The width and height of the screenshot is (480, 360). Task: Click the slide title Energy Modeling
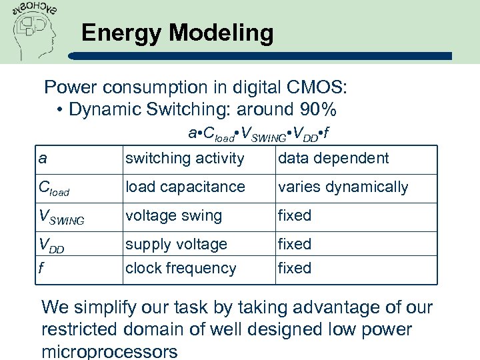(x=177, y=33)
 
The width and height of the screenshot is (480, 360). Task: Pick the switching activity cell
(x=185, y=159)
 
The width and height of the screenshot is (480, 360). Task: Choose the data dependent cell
(x=333, y=159)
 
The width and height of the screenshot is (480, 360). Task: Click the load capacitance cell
(x=185, y=187)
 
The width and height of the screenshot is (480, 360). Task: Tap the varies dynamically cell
(x=343, y=187)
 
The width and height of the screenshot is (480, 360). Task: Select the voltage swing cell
(x=173, y=216)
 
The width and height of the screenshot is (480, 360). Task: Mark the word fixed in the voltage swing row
(x=294, y=216)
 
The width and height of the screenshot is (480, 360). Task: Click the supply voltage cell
(x=176, y=245)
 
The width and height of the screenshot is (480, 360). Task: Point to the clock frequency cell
(x=181, y=268)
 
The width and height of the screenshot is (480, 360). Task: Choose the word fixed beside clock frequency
(x=294, y=268)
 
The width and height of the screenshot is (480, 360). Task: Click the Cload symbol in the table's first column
(x=53, y=189)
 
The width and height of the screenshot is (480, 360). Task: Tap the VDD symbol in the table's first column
(x=52, y=245)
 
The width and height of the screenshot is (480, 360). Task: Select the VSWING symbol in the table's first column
(x=61, y=217)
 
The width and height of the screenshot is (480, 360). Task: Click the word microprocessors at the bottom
(x=109, y=351)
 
